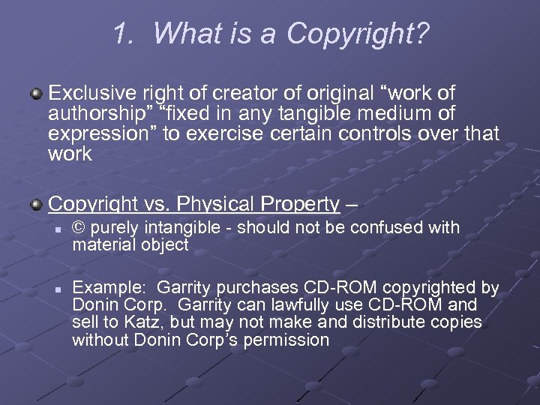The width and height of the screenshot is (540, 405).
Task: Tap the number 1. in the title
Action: click(124, 33)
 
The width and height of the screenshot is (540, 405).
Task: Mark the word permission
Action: click(291, 340)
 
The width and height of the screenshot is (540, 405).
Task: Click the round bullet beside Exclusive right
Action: click(35, 94)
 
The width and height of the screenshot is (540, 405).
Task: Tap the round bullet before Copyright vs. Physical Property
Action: click(35, 204)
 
